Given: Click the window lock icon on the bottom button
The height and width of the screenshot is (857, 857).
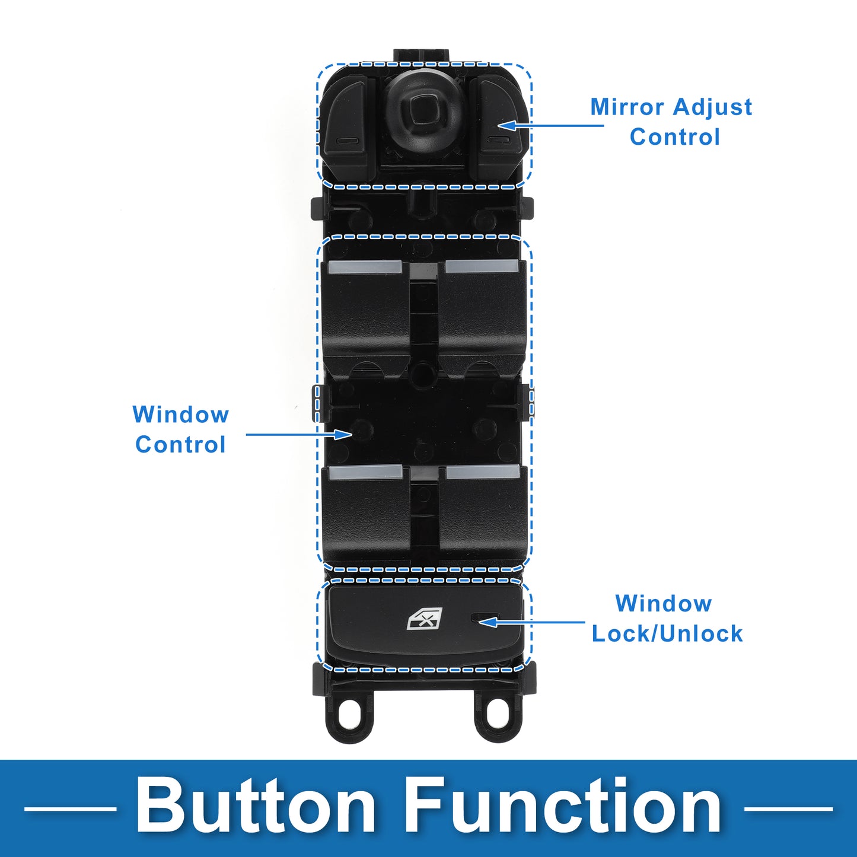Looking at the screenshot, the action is [x=425, y=618].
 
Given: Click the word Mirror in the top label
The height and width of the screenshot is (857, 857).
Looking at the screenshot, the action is [x=627, y=107].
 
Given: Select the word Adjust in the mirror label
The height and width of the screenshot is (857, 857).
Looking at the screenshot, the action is [x=712, y=108].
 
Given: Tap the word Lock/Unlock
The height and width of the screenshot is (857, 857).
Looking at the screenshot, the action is [x=667, y=633].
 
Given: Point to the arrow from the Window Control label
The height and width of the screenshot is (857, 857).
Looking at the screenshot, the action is [x=299, y=434].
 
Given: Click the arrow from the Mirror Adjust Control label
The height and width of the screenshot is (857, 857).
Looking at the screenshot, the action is [x=550, y=125].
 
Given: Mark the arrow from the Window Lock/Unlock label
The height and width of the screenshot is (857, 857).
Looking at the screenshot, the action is [x=531, y=622].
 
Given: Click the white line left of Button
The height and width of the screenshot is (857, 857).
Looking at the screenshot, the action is [x=70, y=808].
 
